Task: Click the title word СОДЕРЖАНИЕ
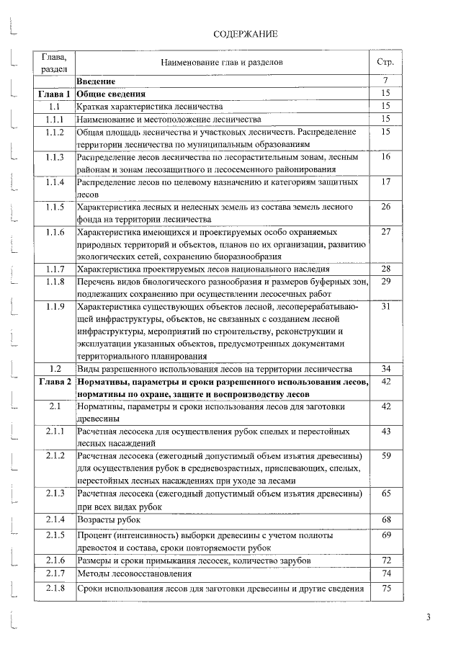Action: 246,34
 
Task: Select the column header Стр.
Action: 385,63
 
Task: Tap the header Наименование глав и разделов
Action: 221,63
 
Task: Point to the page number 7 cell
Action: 386,81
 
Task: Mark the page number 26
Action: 386,207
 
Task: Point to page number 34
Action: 386,368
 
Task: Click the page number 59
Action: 386,456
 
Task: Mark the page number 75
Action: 386,589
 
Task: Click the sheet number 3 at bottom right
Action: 428,617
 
